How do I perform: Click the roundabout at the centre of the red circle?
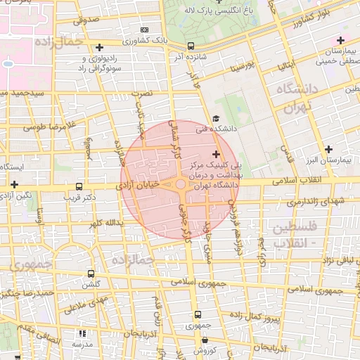180,184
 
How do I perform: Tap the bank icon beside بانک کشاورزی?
145,30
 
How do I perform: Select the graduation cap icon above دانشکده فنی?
215,118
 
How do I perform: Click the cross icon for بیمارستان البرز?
328,148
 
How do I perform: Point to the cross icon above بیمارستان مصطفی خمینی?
341,40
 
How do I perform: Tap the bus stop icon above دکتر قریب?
79,187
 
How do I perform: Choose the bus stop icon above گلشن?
91,273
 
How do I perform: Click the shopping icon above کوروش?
204,340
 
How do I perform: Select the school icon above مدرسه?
82,333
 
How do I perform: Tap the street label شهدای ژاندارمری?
316,202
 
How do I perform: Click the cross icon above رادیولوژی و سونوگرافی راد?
99,46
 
